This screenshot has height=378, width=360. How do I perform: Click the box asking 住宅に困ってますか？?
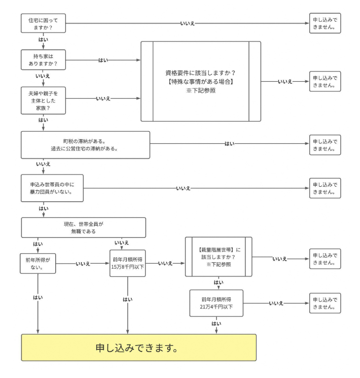click(x=43, y=24)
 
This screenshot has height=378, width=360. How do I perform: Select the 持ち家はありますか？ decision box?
click(x=43, y=60)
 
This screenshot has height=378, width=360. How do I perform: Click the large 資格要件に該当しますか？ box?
click(x=201, y=81)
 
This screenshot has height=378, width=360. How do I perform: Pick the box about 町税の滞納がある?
click(x=85, y=144)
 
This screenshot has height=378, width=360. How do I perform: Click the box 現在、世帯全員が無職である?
click(x=83, y=227)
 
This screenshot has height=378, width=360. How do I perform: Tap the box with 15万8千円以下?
click(x=128, y=264)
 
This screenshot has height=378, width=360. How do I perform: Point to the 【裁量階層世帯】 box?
click(x=218, y=257)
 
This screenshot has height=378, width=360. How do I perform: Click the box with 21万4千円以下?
click(x=216, y=303)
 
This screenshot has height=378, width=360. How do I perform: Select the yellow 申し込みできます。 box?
click(x=139, y=348)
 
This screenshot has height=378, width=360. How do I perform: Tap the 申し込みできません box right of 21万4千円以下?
click(x=324, y=303)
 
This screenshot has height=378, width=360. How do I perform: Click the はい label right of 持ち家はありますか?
click(x=104, y=60)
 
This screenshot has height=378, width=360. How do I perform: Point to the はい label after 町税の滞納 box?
click(x=229, y=143)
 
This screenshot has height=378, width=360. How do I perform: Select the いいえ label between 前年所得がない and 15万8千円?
click(x=82, y=264)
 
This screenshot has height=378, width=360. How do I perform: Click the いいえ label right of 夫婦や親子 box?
click(x=103, y=99)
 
